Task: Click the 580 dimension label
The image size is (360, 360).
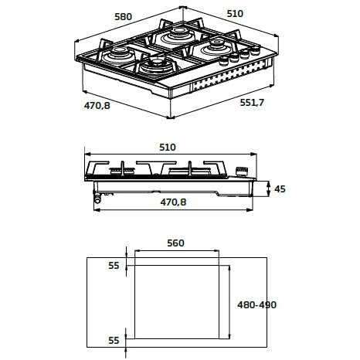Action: tap(124, 17)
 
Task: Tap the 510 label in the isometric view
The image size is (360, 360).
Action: tap(235, 14)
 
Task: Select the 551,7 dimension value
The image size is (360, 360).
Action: tap(252, 103)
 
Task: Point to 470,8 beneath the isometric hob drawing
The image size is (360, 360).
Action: tap(97, 106)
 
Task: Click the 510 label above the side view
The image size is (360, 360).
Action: tap(168, 148)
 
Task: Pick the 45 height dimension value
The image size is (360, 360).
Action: tap(280, 189)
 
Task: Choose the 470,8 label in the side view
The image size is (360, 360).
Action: tap(173, 202)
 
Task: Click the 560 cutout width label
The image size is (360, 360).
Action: tap(175, 243)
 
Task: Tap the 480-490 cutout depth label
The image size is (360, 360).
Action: tap(256, 305)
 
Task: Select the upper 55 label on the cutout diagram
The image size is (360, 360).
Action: tap(114, 266)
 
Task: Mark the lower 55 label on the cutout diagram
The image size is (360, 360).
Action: tap(114, 341)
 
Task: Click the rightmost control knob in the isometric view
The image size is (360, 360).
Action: tap(256, 50)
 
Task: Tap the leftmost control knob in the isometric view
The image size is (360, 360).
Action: tap(224, 61)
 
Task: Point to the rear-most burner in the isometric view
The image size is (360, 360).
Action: tap(178, 36)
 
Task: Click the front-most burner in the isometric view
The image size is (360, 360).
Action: tap(157, 66)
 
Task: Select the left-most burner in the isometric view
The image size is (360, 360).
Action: tap(119, 55)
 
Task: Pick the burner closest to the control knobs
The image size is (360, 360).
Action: tap(216, 47)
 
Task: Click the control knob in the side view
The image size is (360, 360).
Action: tap(242, 172)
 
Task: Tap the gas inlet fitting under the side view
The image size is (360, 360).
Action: tap(97, 198)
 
